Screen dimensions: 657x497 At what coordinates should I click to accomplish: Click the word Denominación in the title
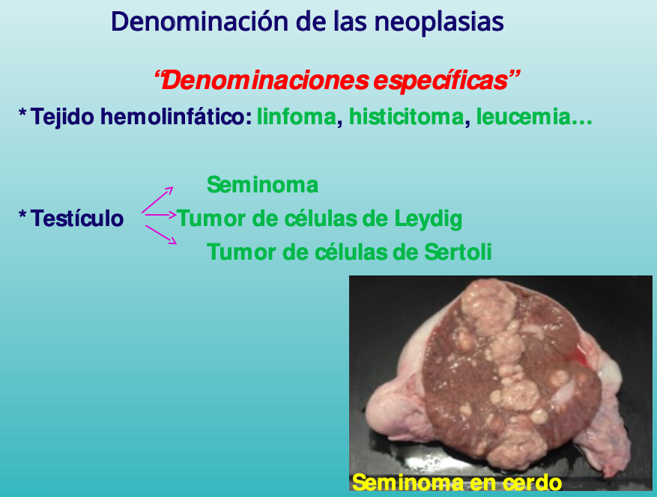pyautogui.click(x=200, y=22)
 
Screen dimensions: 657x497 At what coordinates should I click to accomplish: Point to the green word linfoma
pyautogui.click(x=297, y=117)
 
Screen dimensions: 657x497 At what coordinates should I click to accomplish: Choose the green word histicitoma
pyautogui.click(x=407, y=117)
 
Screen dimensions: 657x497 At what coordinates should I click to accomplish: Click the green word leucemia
pyautogui.click(x=524, y=117)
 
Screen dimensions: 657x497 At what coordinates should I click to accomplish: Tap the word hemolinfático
pyautogui.click(x=176, y=117)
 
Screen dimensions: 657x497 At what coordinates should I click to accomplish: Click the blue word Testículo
pyautogui.click(x=77, y=219)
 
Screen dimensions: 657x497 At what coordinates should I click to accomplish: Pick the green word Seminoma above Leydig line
pyautogui.click(x=263, y=185)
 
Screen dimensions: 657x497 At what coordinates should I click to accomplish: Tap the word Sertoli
pyautogui.click(x=458, y=252)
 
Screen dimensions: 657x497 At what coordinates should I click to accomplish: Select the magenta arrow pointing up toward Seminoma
pyautogui.click(x=157, y=200)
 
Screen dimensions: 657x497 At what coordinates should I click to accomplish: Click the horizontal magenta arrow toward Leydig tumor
pyautogui.click(x=160, y=215)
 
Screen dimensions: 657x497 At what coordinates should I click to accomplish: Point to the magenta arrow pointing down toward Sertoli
pyautogui.click(x=161, y=234)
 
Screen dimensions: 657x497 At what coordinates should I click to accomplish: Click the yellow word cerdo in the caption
pyautogui.click(x=532, y=483)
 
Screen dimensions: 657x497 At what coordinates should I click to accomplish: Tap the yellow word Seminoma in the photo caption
pyautogui.click(x=408, y=483)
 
